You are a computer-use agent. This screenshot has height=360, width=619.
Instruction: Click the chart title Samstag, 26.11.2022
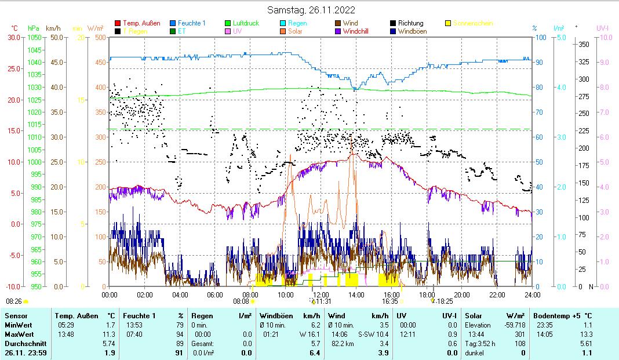[311, 10]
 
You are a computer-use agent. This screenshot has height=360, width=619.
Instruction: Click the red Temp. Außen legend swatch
[118, 23]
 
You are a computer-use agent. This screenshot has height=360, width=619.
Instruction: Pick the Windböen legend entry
[413, 31]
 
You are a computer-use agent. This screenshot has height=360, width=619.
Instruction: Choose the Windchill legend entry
[359, 31]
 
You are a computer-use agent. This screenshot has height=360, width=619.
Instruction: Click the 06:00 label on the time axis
[215, 294]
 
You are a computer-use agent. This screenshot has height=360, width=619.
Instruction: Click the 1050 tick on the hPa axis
[34, 37]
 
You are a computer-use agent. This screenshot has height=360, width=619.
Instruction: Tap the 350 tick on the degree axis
[584, 44]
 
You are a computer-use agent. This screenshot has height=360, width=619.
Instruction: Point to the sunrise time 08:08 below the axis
[241, 301]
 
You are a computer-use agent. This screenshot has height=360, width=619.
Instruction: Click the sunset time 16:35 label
[389, 301]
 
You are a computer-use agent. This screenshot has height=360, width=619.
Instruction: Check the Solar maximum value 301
[519, 334]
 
